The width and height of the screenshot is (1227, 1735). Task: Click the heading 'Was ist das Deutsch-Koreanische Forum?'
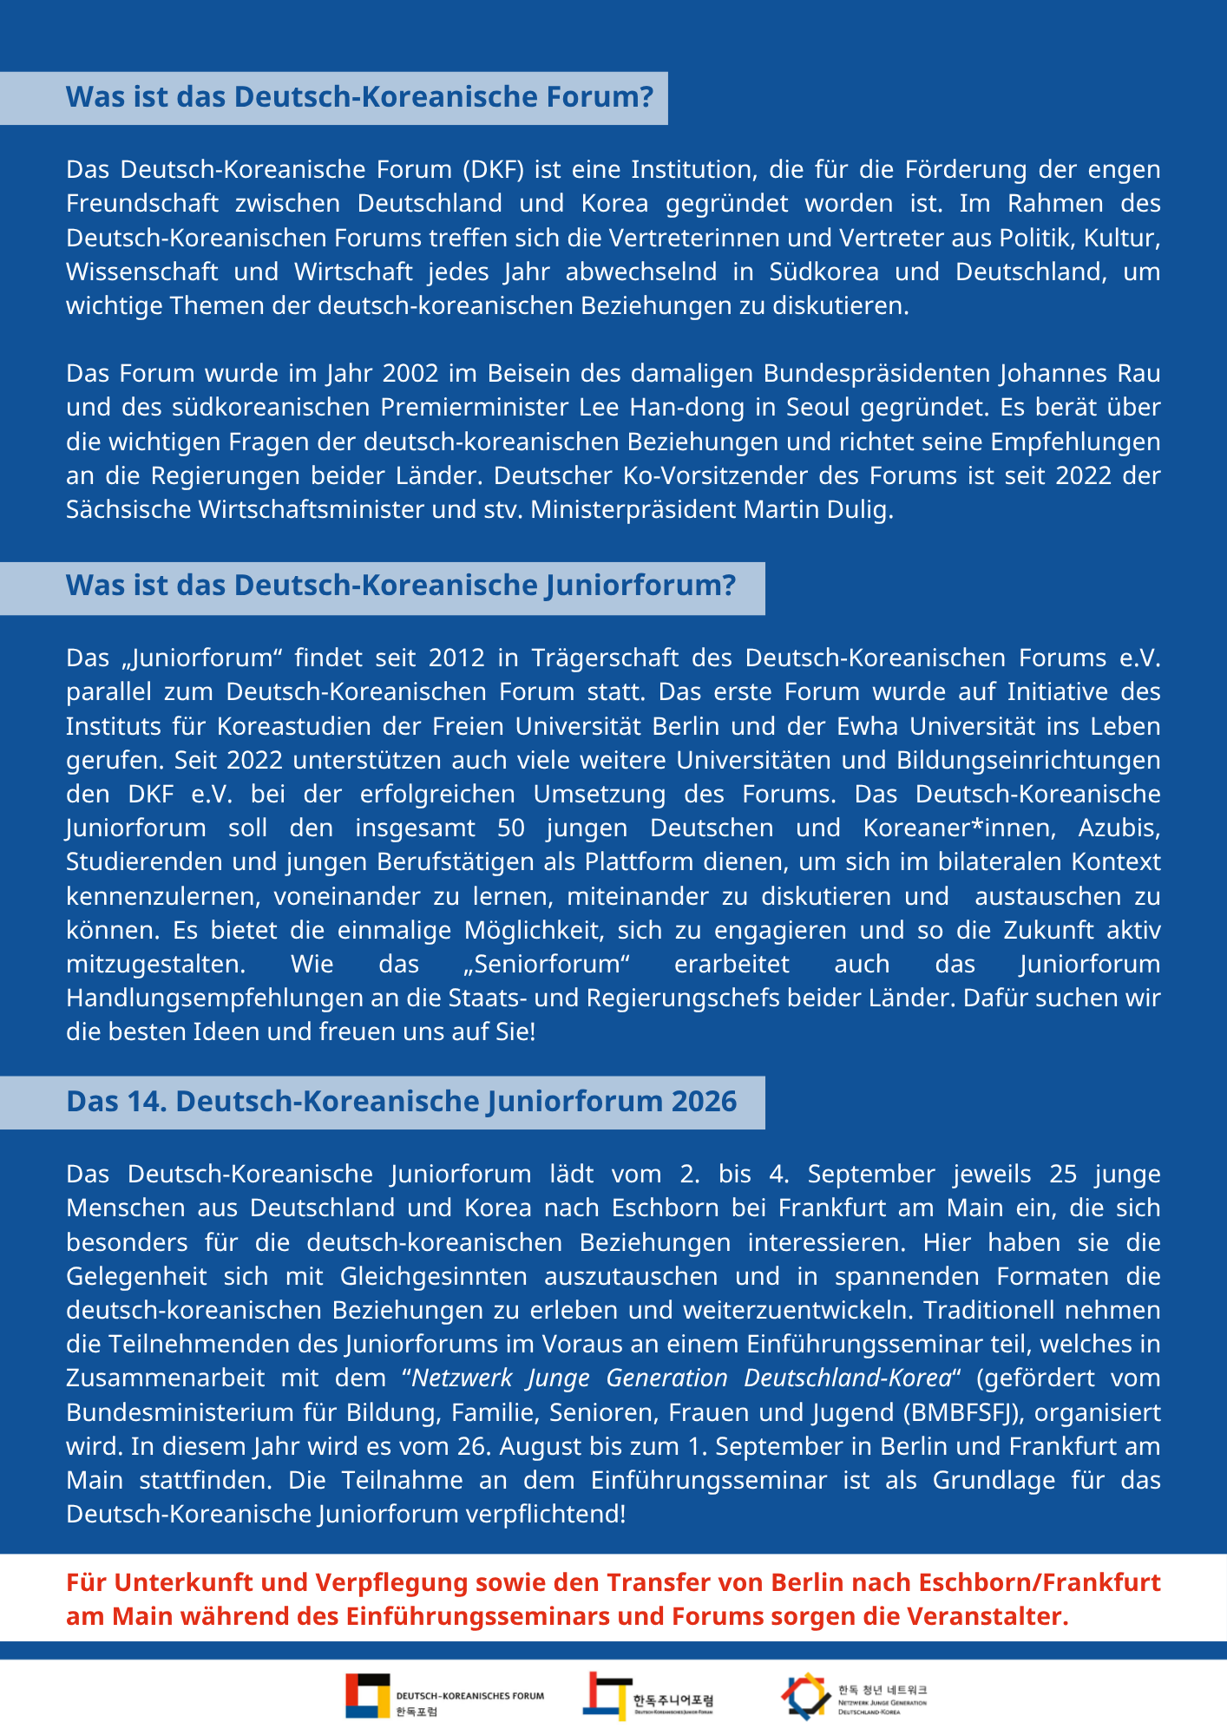click(359, 97)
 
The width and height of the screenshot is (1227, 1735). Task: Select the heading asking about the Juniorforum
click(400, 586)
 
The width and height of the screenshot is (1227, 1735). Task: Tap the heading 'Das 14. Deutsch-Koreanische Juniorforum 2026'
click(401, 1102)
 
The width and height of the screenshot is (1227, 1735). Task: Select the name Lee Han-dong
click(653, 408)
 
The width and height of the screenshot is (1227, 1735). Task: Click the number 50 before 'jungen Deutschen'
click(511, 828)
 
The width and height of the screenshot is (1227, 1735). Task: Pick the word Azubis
click(1119, 828)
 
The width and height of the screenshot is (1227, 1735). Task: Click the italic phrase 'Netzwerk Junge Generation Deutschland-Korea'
click(681, 1378)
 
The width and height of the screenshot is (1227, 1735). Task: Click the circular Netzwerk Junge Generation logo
click(805, 1695)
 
